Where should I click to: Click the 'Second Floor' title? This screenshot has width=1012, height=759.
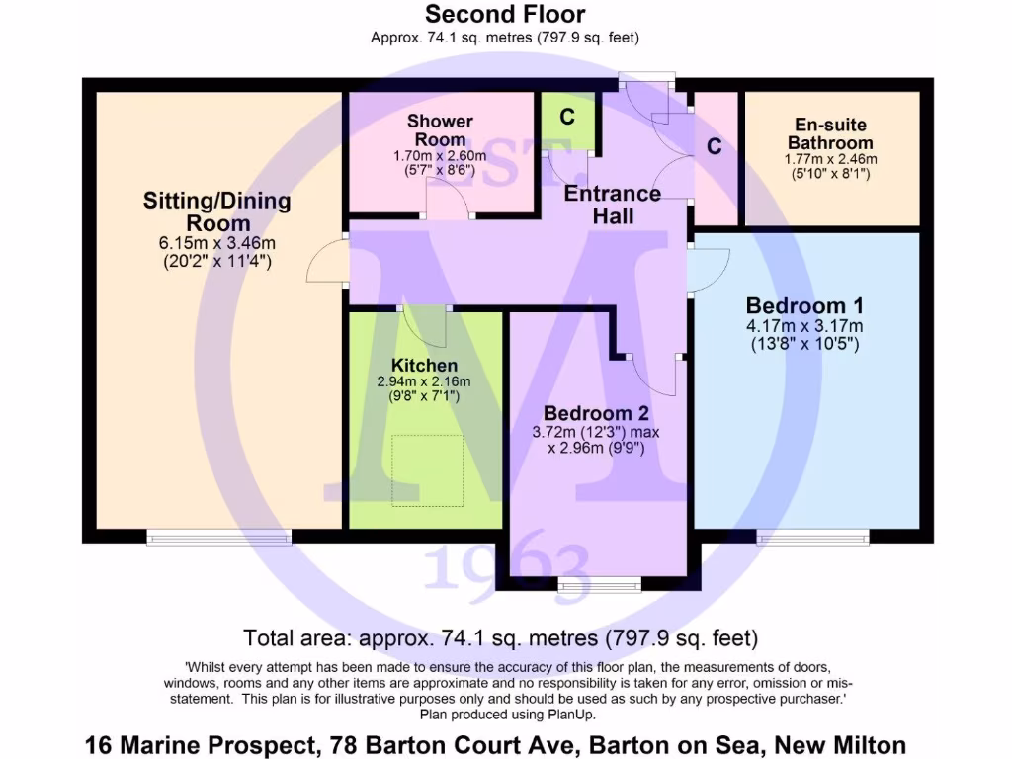pos(505,15)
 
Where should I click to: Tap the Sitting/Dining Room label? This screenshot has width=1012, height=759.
pos(217,211)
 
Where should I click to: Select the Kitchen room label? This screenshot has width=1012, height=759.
pos(424,366)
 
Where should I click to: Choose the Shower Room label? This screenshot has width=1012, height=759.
pos(440,130)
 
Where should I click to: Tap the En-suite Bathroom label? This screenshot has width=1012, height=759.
pos(830,133)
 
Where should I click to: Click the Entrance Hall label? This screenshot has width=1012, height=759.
pos(613,204)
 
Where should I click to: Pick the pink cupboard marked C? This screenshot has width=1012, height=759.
pos(716,148)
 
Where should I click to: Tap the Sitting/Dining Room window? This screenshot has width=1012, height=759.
pos(218,537)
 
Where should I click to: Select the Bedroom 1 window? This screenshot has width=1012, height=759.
pos(813,537)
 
